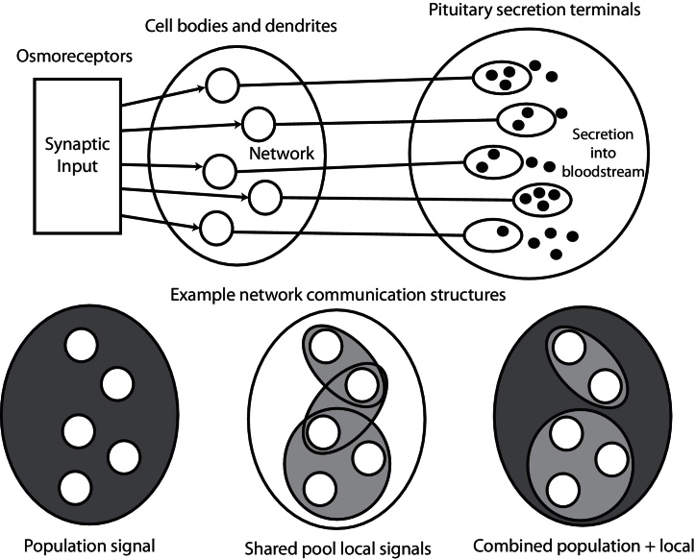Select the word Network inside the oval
pos(281,152)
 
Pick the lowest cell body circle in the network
pos(216,229)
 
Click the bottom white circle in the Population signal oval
pos(73,488)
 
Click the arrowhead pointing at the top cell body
pos(203,88)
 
